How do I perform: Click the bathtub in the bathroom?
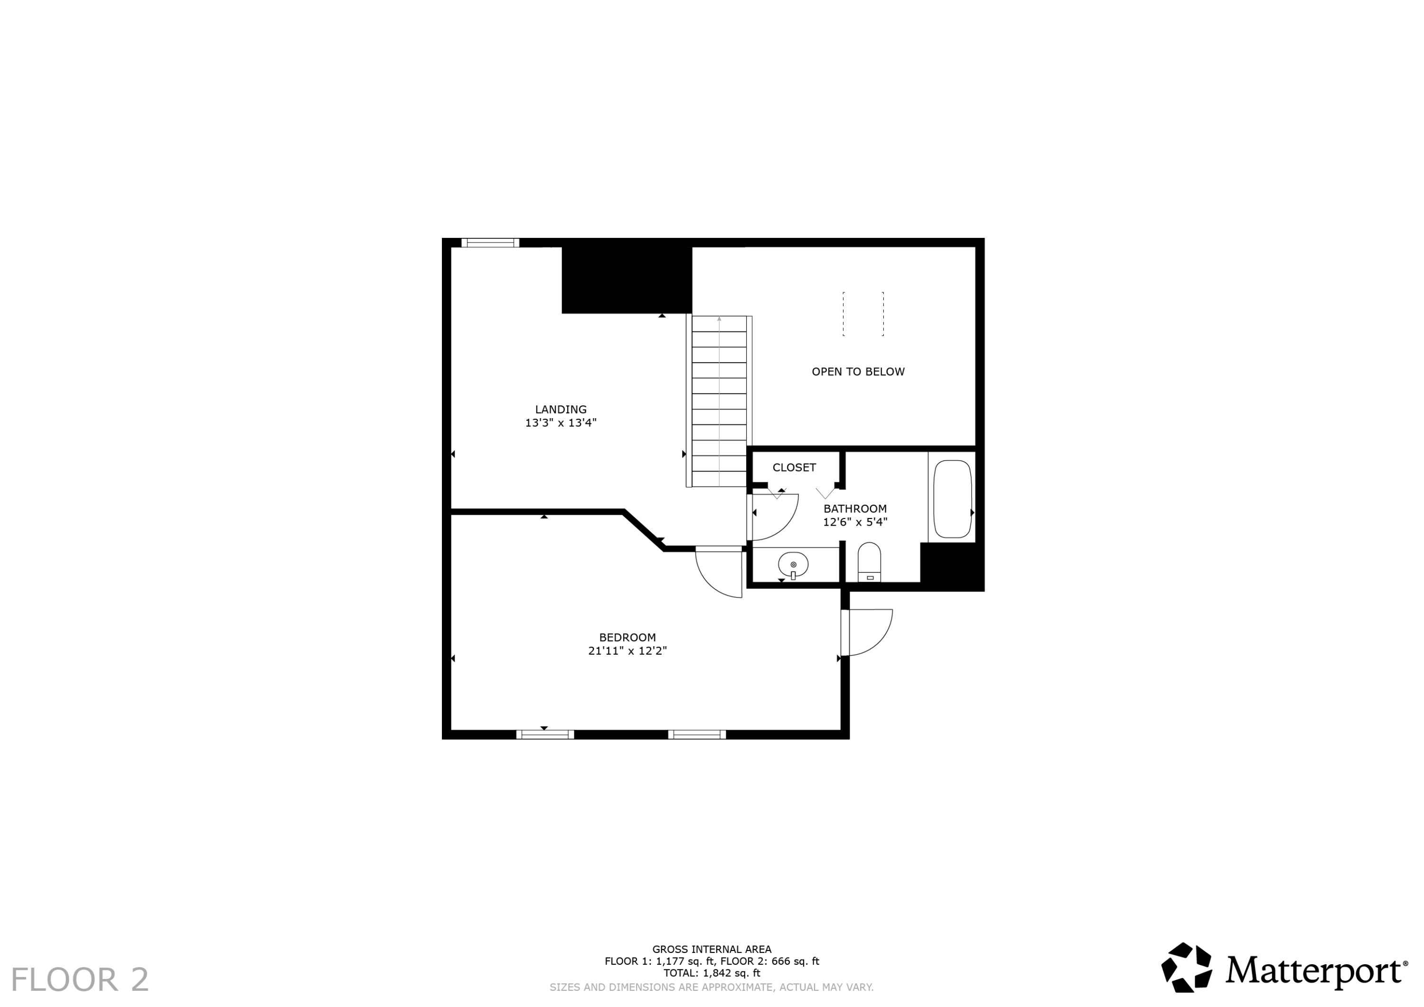(952, 499)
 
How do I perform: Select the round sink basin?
(793, 565)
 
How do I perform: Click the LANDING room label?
(561, 410)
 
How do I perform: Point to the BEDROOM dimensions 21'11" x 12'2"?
(627, 651)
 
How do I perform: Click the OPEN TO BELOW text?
(858, 372)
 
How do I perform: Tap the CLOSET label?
(794, 468)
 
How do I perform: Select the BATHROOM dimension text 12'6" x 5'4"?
(855, 522)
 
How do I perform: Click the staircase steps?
(719, 402)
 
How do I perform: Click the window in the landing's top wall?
(490, 243)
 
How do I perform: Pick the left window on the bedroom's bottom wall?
(545, 734)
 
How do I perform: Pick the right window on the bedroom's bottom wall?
(696, 734)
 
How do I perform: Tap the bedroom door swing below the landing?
(720, 574)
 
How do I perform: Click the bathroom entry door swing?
(774, 517)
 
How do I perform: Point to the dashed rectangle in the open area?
(863, 314)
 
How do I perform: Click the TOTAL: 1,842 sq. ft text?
(712, 973)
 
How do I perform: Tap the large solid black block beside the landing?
(627, 280)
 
